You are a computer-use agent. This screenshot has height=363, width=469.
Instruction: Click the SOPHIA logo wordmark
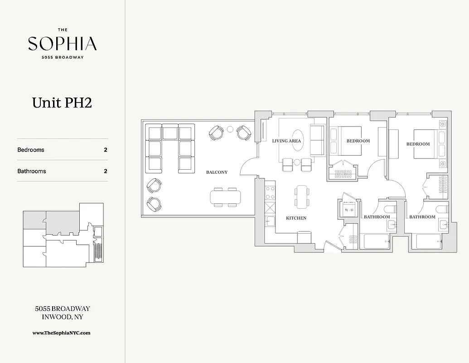point(62,44)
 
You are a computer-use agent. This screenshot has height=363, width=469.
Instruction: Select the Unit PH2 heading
point(62,103)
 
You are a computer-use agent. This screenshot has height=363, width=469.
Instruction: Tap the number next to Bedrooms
point(106,150)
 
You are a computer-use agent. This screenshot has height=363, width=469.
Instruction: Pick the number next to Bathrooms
point(106,172)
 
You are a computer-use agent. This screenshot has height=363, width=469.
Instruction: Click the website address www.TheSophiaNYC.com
point(62,333)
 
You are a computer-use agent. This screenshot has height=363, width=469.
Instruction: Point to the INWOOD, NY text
point(62,317)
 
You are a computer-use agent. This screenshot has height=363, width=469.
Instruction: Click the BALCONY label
point(217,172)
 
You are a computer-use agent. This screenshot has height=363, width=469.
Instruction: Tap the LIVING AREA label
point(286,141)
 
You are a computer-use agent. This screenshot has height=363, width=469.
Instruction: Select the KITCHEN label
point(296,218)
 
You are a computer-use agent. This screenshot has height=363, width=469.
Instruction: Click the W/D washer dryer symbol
point(348,210)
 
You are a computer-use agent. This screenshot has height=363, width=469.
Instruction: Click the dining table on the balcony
point(225,197)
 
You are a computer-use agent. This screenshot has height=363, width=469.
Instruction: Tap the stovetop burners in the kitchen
point(270,193)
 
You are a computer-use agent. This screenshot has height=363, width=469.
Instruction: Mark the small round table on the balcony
point(230,130)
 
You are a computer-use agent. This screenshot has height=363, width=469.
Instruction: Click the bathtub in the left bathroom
point(374,241)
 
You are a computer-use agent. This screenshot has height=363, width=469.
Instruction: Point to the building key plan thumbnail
point(63,235)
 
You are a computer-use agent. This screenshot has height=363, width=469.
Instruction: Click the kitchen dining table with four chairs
point(302,197)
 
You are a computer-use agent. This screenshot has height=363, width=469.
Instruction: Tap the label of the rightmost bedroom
point(418,144)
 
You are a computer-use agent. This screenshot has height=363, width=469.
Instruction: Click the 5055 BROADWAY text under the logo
point(62,57)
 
